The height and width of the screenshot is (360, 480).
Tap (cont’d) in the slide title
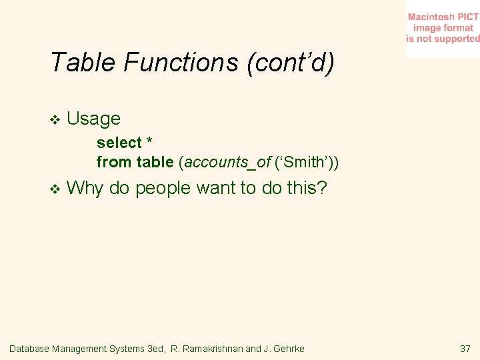tap(291, 63)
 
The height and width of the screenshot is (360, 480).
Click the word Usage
tap(94, 119)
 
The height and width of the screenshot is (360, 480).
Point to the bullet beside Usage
tap(55, 119)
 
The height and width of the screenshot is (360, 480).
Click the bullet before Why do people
tap(55, 189)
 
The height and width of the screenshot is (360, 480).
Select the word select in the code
tap(119, 143)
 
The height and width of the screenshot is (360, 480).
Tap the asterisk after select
tap(149, 142)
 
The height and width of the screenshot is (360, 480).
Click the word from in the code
tap(114, 161)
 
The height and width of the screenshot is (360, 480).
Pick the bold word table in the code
tap(155, 161)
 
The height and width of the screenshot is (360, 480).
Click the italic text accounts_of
tap(226, 161)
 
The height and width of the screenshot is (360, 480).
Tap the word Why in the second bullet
tap(85, 188)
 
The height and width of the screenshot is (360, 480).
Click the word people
tap(163, 189)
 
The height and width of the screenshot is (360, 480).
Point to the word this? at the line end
tap(307, 188)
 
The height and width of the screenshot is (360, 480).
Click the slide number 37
tap(465, 349)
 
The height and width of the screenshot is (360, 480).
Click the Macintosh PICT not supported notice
tap(443, 28)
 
